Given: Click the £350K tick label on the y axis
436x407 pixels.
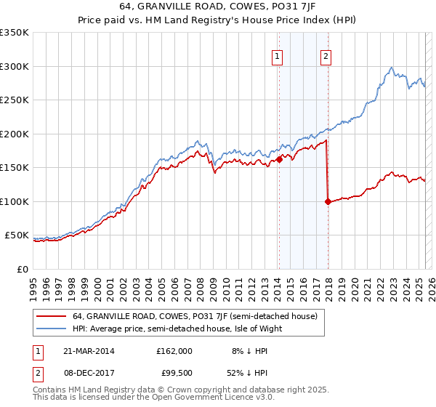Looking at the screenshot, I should point(15,33).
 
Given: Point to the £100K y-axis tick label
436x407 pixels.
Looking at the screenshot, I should point(15,201).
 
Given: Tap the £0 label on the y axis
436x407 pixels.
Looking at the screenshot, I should point(22,269).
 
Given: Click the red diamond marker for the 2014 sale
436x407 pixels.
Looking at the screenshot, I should point(279,160).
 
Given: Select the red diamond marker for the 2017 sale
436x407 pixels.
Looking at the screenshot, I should point(328,202).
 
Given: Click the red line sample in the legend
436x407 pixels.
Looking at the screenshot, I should point(52,317).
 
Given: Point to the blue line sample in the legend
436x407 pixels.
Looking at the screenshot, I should point(52,329).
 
